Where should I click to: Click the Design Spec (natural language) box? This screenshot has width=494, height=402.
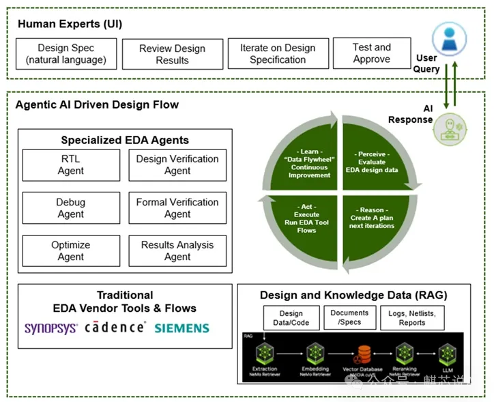tap(66, 54)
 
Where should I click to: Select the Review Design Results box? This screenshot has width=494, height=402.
tap(172, 54)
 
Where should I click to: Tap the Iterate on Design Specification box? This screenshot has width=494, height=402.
tap(278, 54)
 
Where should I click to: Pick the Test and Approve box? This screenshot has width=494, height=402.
tap(371, 53)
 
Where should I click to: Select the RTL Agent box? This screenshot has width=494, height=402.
tap(70, 164)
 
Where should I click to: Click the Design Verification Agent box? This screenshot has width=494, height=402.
tap(177, 164)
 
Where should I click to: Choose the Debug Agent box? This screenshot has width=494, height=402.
tap(70, 207)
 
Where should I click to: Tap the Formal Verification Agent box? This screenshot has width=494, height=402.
tap(177, 207)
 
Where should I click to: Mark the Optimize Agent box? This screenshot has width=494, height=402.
tap(70, 250)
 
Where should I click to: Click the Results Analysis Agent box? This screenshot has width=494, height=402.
tap(177, 250)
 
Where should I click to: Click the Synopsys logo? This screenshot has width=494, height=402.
tap(51, 328)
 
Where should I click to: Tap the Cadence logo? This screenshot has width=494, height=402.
tap(115, 328)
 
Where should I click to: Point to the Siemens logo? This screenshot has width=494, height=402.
tap(182, 328)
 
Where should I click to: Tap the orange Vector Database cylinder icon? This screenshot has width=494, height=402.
tap(364, 354)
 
